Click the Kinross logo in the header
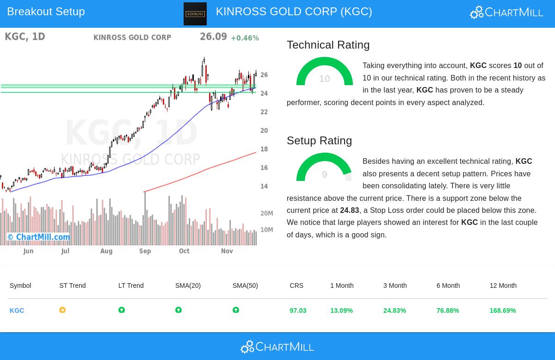[195, 14]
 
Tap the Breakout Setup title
[46, 12]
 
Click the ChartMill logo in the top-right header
[506, 12]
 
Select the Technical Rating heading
[328, 45]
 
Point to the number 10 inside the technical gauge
[324, 79]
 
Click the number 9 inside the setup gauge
[324, 174]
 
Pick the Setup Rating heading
[319, 141]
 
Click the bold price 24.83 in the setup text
[349, 211]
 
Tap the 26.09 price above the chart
[213, 37]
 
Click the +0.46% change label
[245, 38]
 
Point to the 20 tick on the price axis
[264, 131]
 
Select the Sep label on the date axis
[145, 251]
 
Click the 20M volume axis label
[266, 213]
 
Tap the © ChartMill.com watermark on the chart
[38, 237]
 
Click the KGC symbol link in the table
[17, 310]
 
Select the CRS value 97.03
[298, 310]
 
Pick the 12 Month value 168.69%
[502, 310]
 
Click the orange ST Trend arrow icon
[62, 310]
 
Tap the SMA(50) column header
[245, 286]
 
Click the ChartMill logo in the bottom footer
[277, 347]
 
